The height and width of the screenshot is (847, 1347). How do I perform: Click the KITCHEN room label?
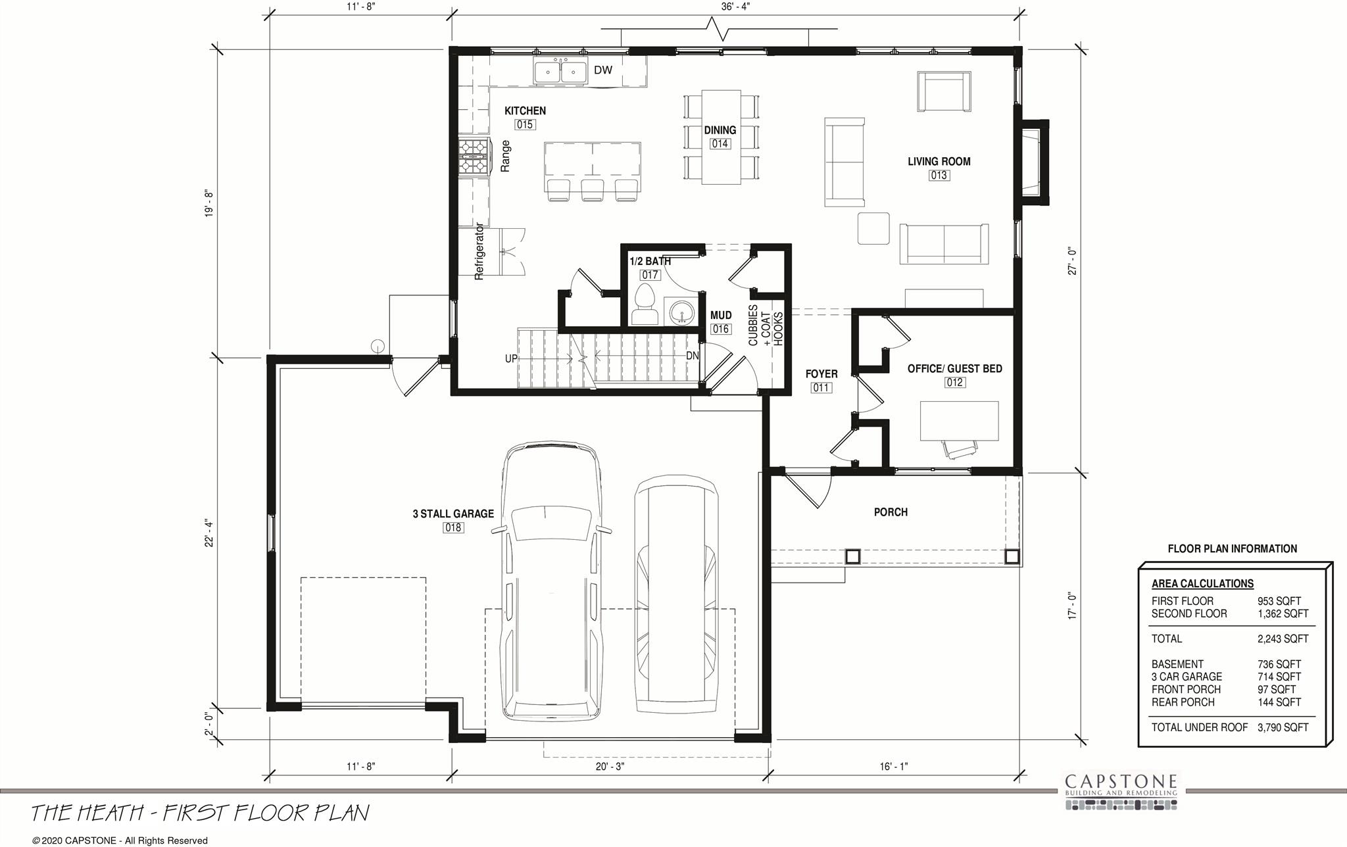pos(525,111)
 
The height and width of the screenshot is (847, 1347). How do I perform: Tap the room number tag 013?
pos(939,176)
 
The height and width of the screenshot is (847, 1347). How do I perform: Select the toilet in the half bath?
pos(645,304)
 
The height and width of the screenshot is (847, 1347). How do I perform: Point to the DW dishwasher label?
pos(603,70)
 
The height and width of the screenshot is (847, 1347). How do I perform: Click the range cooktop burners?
pos(474,157)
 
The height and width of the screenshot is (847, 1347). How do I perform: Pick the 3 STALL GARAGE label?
pos(453,514)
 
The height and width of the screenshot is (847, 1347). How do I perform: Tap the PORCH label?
pos(891,512)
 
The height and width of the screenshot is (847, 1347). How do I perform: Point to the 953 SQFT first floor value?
pos(1279,601)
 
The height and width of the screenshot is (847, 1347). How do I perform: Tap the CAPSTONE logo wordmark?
pos(1121,781)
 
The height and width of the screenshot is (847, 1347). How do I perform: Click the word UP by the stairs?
pos(511,359)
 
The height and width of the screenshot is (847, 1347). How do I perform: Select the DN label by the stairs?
pos(692,356)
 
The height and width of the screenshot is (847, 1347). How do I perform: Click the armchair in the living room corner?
pos(944,92)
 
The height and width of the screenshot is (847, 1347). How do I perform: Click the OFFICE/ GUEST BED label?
pos(954,369)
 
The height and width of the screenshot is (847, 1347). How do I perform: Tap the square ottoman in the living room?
pos(873,228)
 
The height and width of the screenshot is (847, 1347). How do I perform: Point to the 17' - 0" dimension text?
pos(1073,606)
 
